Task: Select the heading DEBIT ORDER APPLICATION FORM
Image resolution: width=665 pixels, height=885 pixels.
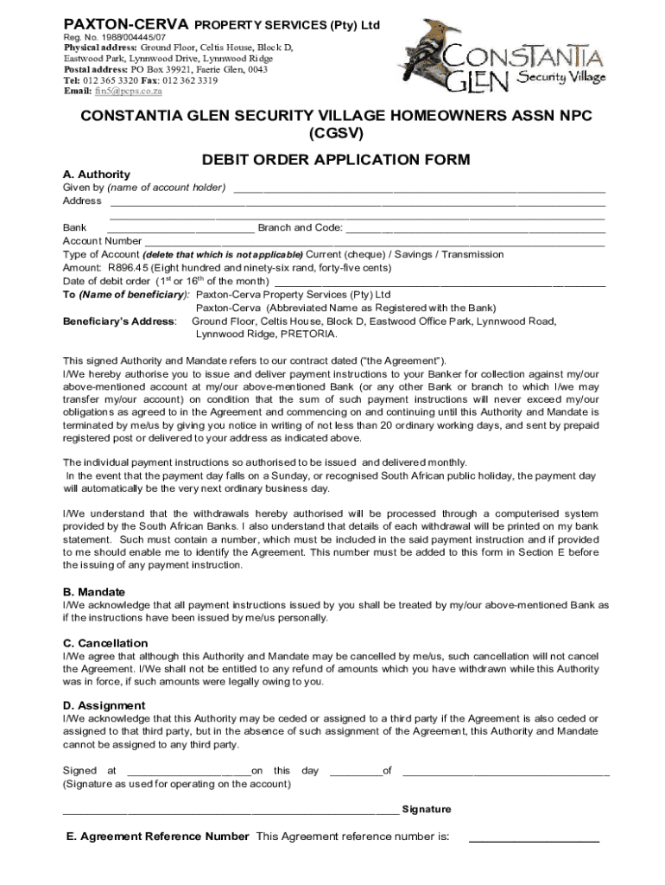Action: pyautogui.click(x=336, y=160)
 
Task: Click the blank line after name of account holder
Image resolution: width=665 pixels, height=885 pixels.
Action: pyautogui.click(x=419, y=189)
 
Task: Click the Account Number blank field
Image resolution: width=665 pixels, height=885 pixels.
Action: pyautogui.click(x=374, y=243)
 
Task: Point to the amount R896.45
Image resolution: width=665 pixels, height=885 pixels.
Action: pyautogui.click(x=130, y=268)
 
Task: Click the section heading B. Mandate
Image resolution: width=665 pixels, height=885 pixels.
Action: pyautogui.click(x=94, y=592)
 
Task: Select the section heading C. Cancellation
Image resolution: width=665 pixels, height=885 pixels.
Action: pyautogui.click(x=105, y=643)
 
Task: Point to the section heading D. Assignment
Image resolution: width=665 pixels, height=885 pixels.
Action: pyautogui.click(x=104, y=705)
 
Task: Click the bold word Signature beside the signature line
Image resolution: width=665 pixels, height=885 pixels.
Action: pyautogui.click(x=426, y=810)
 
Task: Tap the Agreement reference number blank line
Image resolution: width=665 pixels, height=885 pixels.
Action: pyautogui.click(x=533, y=839)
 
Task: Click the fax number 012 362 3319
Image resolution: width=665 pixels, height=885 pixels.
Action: pyautogui.click(x=187, y=80)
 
